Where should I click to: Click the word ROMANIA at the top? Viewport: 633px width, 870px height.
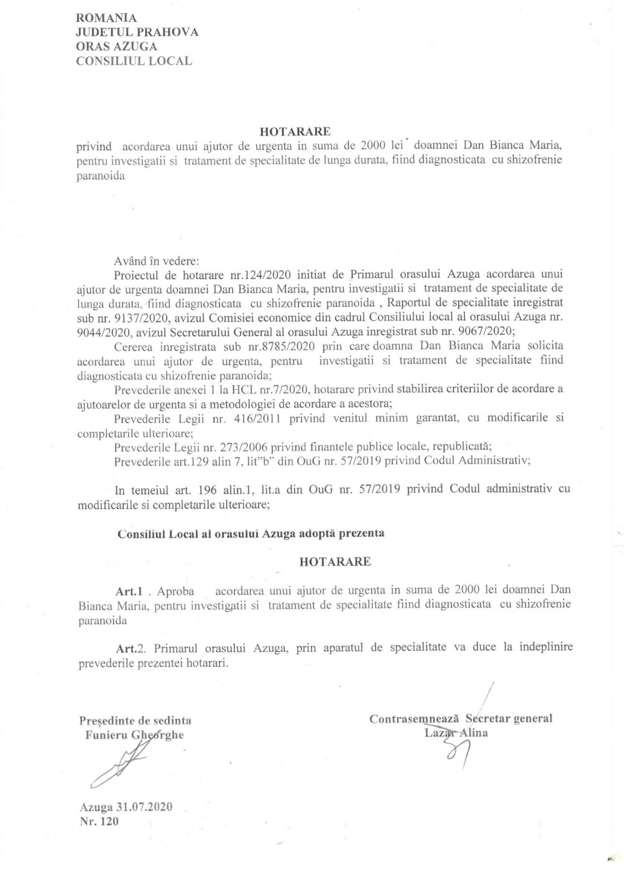(x=106, y=19)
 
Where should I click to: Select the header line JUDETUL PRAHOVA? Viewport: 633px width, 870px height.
(x=137, y=32)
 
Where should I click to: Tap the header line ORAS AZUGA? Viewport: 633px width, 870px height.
(x=116, y=47)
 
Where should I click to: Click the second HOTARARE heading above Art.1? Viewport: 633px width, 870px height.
(x=335, y=562)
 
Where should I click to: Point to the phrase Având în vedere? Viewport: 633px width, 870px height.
(x=155, y=262)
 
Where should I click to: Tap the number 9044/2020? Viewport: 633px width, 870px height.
(x=100, y=330)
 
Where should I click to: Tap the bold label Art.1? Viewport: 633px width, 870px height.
(x=129, y=589)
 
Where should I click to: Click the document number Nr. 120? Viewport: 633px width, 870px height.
(x=99, y=822)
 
